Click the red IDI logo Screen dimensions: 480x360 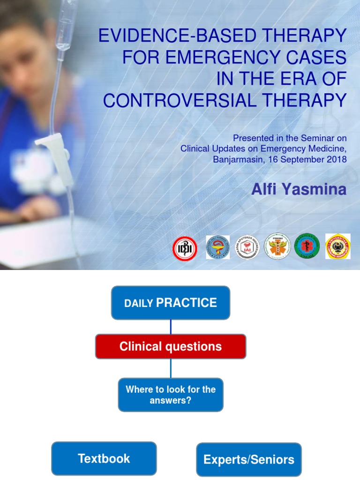(x=185, y=248)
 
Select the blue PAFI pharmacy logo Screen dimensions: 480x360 (x=218, y=247)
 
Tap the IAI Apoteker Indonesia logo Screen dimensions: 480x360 (x=247, y=247)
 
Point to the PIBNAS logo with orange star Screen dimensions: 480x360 (x=277, y=247)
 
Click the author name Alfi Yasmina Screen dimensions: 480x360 (x=299, y=189)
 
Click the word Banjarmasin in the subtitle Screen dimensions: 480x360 (x=235, y=159)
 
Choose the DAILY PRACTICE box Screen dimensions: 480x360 (x=171, y=303)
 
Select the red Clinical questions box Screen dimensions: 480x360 (x=171, y=346)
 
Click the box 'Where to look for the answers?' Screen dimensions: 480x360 (x=171, y=395)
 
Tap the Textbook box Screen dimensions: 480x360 (x=104, y=458)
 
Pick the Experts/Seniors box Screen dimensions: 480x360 (x=248, y=459)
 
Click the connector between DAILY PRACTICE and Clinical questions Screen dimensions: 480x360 (x=171, y=327)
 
